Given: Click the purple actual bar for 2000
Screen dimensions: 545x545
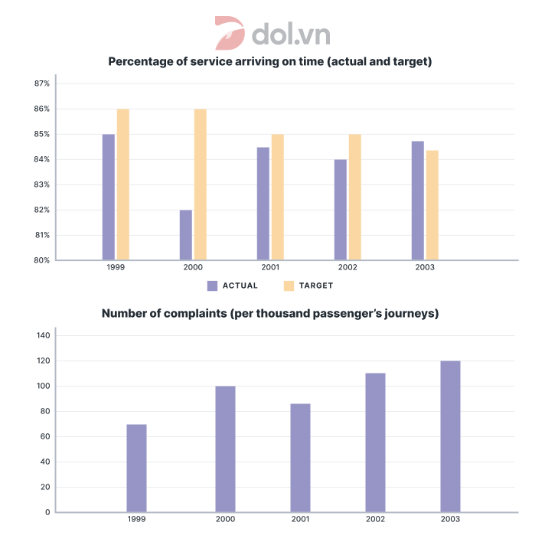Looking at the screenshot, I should (185, 235).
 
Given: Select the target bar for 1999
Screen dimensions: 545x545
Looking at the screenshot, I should (122, 184).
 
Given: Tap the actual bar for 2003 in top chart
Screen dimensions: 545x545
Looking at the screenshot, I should (417, 201).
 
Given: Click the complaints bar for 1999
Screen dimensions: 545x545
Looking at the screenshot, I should (136, 468).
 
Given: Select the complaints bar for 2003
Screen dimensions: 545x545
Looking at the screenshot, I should (450, 436).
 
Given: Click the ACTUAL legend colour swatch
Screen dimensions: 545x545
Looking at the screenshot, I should (213, 286).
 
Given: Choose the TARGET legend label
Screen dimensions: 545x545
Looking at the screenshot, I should (317, 286).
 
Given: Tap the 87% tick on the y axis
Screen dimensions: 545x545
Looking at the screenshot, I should (41, 83).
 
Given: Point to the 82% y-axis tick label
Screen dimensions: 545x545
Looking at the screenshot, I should (41, 210).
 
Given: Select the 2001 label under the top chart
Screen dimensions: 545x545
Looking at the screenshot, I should (270, 269).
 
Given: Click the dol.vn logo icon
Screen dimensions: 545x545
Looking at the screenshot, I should (230, 33).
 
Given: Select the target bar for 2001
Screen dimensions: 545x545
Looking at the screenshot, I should (277, 197).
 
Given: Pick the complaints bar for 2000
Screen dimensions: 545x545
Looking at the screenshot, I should (225, 449).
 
